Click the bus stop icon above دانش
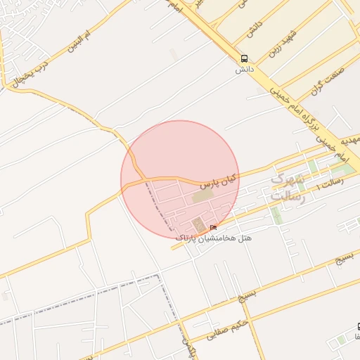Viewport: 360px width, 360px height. click(x=244, y=58)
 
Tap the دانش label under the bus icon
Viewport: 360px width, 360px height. click(x=244, y=70)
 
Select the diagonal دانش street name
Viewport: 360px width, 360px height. click(x=254, y=29)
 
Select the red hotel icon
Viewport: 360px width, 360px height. click(x=213, y=226)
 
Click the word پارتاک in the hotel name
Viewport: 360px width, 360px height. click(x=191, y=239)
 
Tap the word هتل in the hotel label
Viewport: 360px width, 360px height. click(x=245, y=238)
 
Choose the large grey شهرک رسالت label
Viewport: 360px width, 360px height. click(x=288, y=188)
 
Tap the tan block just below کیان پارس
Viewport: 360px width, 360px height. click(x=201, y=197)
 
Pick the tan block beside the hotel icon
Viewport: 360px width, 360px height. click(x=198, y=226)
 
